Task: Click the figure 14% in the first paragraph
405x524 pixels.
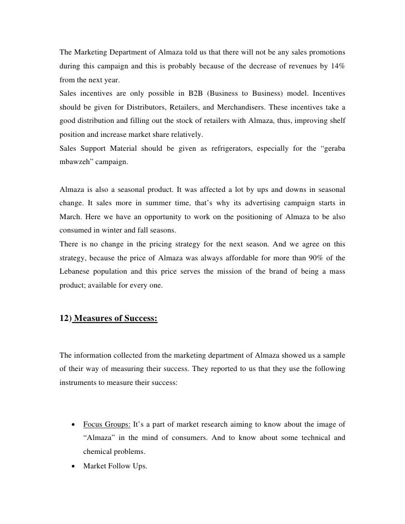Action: click(336, 67)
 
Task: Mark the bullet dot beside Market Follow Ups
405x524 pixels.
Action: click(73, 466)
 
